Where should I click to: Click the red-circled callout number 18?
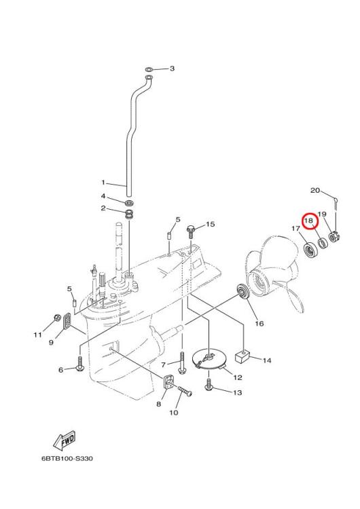tap(308, 220)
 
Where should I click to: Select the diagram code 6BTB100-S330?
tap(67, 458)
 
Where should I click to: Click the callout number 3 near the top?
tap(172, 69)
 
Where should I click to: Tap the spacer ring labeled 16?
tap(240, 292)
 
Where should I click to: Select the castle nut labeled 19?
tap(334, 238)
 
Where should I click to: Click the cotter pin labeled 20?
tap(338, 200)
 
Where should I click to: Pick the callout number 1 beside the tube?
tap(103, 183)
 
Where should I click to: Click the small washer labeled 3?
tap(149, 69)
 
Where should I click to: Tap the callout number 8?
tap(159, 404)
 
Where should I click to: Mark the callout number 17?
tap(295, 229)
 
